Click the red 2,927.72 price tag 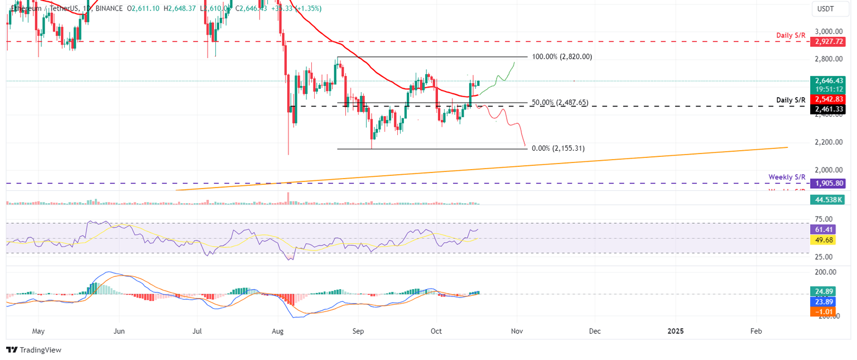click(x=829, y=42)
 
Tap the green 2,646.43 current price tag click(x=829, y=80)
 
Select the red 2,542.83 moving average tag click(x=829, y=99)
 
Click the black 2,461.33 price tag click(x=829, y=109)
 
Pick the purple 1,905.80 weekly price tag click(x=829, y=183)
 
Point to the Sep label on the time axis click(x=358, y=331)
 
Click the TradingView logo click(x=33, y=350)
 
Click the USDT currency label click(x=826, y=9)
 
